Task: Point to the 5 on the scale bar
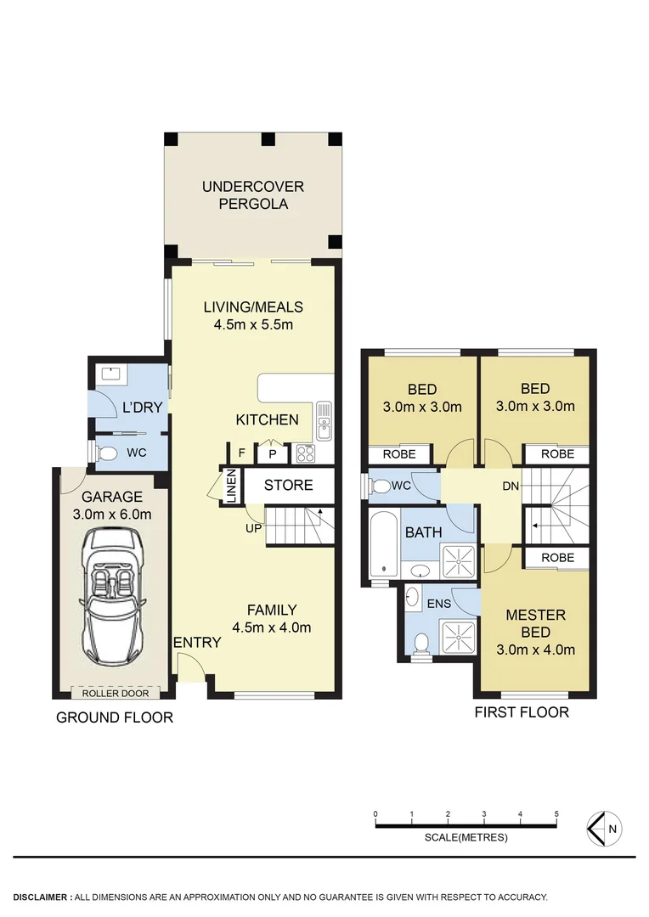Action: click(x=556, y=813)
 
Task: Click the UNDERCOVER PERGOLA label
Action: click(x=252, y=195)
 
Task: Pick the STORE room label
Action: click(x=288, y=486)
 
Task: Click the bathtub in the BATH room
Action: click(x=384, y=544)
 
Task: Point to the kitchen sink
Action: click(x=324, y=421)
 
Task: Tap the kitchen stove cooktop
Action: click(x=304, y=454)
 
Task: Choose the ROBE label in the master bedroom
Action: click(x=557, y=558)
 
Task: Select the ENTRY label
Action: click(x=197, y=643)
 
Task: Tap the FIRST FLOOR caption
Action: click(x=522, y=712)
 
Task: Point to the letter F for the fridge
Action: click(x=242, y=453)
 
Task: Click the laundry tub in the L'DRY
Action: click(x=110, y=373)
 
